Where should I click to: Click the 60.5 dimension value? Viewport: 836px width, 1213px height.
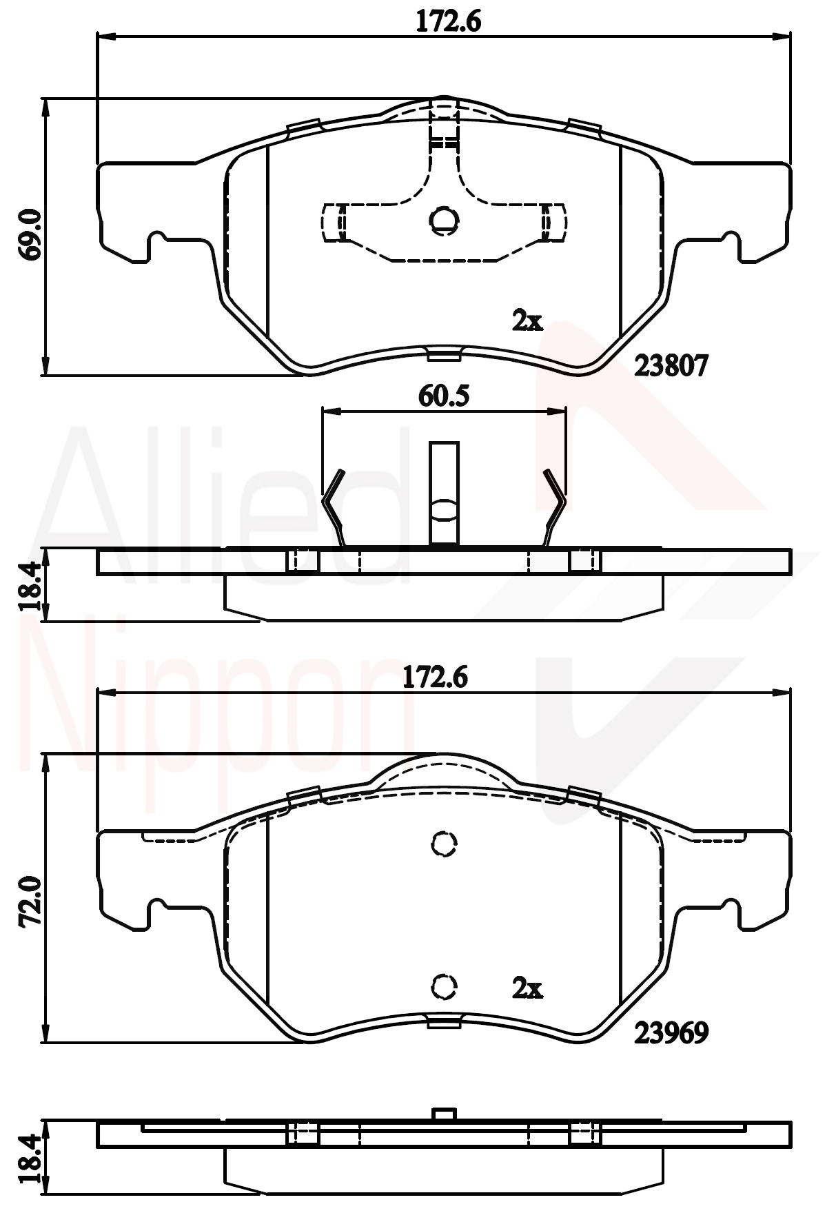pos(444,396)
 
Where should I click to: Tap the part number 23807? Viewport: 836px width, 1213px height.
pos(671,366)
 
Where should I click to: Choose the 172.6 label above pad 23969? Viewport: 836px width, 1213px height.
pos(435,677)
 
